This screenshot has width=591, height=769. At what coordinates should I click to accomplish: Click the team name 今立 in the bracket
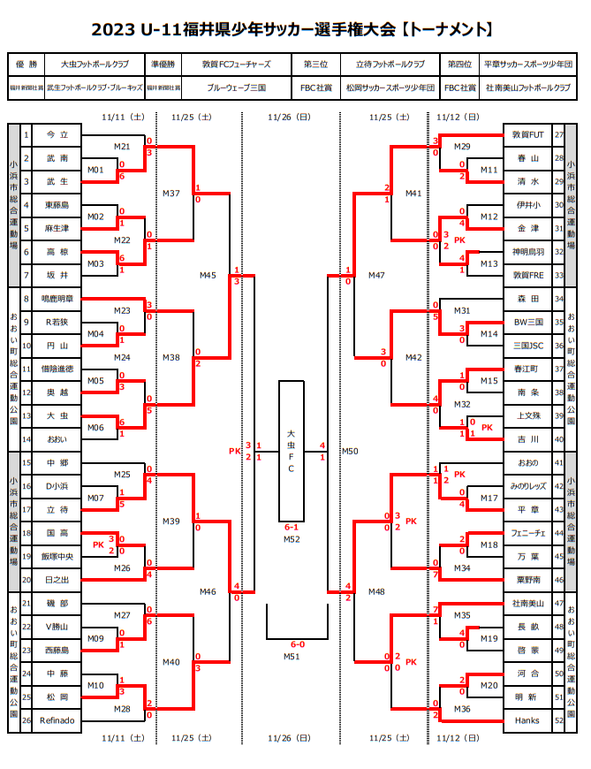pyautogui.click(x=57, y=134)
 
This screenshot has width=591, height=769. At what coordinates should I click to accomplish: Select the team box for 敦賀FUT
pyautogui.click(x=528, y=134)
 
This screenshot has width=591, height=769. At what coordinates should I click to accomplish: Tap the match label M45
pyautogui.click(x=208, y=275)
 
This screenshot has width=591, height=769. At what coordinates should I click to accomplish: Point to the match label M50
pyautogui.click(x=351, y=451)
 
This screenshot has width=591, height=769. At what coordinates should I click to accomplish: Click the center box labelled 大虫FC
pyautogui.click(x=291, y=451)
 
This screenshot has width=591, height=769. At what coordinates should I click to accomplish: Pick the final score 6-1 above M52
pyautogui.click(x=292, y=527)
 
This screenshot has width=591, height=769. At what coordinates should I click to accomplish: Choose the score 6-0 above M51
pyautogui.click(x=292, y=644)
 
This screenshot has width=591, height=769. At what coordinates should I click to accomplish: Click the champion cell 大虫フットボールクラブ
pyautogui.click(x=95, y=65)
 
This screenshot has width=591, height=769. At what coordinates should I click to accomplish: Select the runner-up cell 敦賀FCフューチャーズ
pyautogui.click(x=236, y=65)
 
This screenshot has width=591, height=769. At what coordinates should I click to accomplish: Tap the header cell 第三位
pyautogui.click(x=315, y=65)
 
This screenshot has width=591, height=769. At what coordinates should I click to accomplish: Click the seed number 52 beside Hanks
pyautogui.click(x=559, y=720)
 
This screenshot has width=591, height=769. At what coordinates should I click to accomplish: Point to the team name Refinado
pyautogui.click(x=57, y=720)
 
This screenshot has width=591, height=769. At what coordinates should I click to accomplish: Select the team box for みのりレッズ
pyautogui.click(x=528, y=486)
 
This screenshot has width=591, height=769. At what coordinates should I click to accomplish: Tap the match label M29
pyautogui.click(x=462, y=146)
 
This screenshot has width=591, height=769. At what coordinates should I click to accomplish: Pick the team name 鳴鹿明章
pyautogui.click(x=57, y=299)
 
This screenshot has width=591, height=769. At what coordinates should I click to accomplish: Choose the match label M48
pyautogui.click(x=376, y=591)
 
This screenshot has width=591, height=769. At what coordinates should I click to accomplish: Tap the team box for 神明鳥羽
pyautogui.click(x=528, y=252)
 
